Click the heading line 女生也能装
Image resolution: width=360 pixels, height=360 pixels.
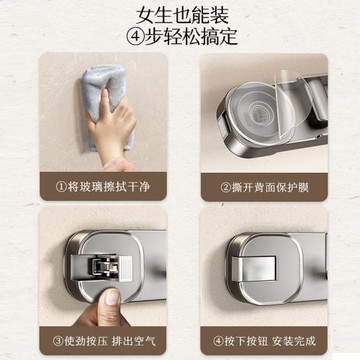coord(179,14)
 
